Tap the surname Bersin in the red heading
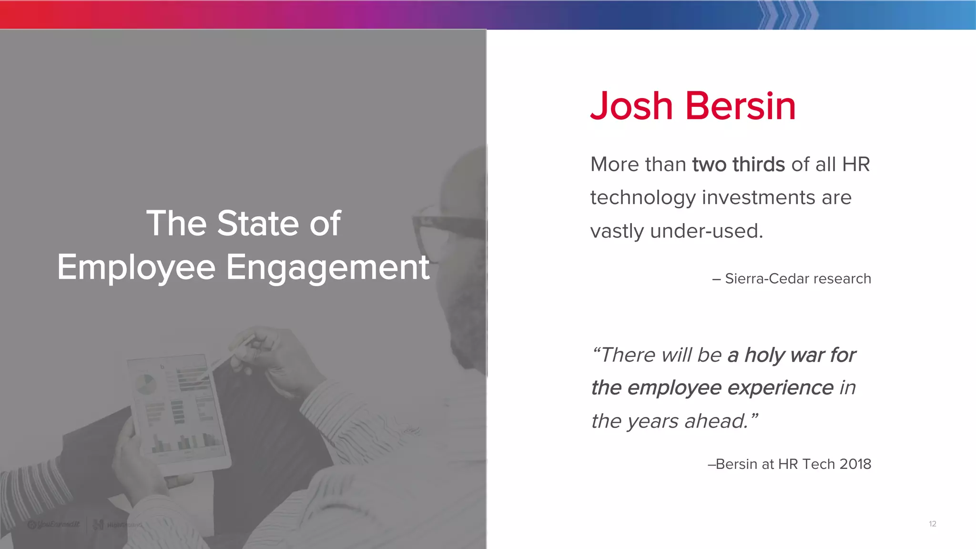point(741,106)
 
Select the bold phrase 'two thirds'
point(738,164)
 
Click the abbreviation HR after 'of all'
point(856,164)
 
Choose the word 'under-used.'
point(706,231)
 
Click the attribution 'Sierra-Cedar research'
point(797,279)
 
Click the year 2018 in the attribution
point(855,464)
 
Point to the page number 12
point(933,524)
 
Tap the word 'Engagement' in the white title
point(328,267)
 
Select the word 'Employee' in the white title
point(136,268)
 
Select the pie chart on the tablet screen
point(146,384)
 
